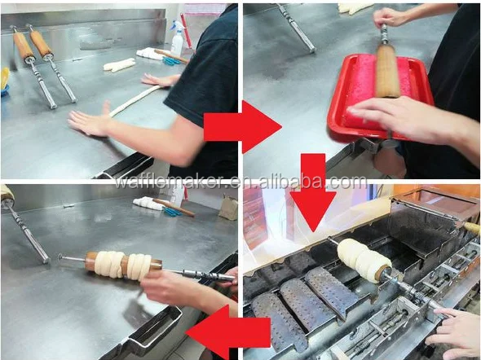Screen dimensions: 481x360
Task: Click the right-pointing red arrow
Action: click(x=243, y=127)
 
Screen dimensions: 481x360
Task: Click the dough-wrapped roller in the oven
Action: click(x=364, y=261)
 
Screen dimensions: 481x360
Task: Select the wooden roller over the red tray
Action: click(x=387, y=72)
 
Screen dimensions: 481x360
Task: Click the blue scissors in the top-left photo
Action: click(x=171, y=61)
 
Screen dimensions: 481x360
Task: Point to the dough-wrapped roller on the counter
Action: click(x=124, y=265)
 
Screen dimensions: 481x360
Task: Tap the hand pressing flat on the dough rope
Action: click(x=89, y=121)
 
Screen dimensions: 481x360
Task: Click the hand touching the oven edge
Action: click(x=454, y=331)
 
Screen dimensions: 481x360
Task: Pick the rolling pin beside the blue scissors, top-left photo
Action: click(x=172, y=56)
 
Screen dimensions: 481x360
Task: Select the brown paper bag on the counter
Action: click(x=228, y=208)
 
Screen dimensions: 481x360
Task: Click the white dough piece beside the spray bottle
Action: click(x=119, y=65)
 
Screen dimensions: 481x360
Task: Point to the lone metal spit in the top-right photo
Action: click(x=297, y=29)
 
